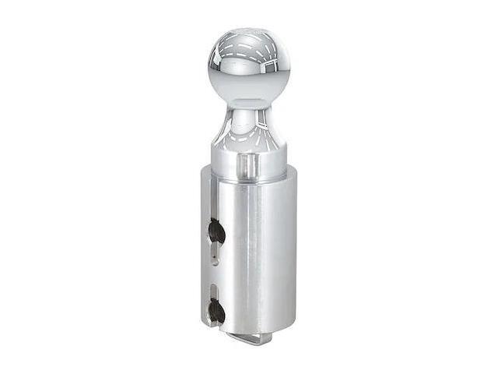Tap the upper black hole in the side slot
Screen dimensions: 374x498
click(x=217, y=231)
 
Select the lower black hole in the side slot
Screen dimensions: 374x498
click(x=217, y=312)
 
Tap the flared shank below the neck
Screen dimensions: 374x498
click(x=248, y=136)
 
